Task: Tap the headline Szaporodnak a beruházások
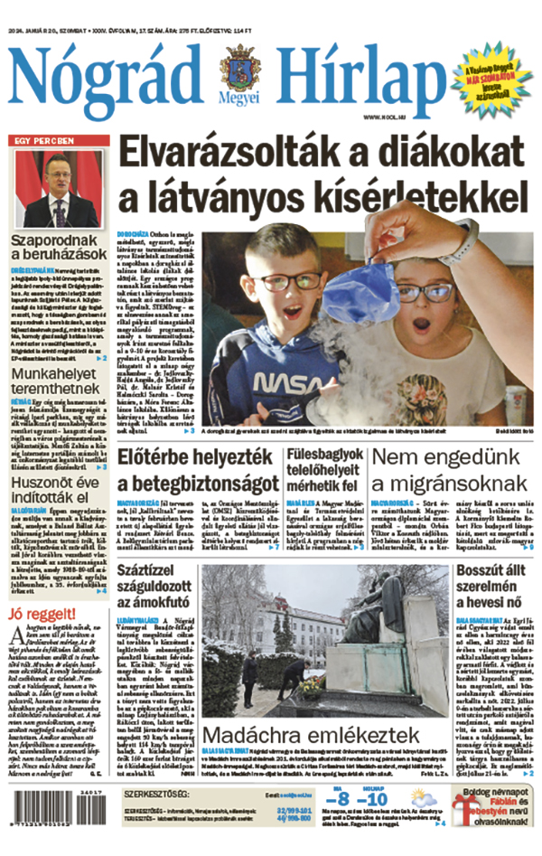[61, 247]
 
